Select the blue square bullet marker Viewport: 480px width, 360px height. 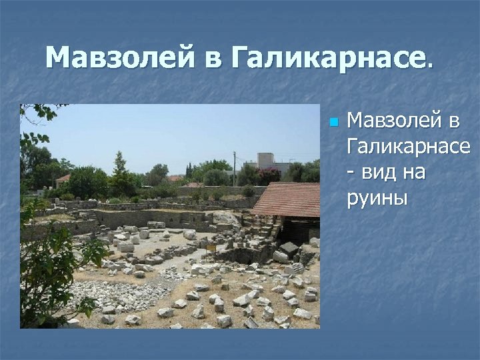335,123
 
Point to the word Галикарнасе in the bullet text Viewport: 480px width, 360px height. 408,147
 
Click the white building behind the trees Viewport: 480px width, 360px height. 266,162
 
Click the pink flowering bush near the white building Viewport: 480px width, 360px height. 269,175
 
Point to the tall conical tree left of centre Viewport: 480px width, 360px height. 120,170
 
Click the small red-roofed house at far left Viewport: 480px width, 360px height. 63,179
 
